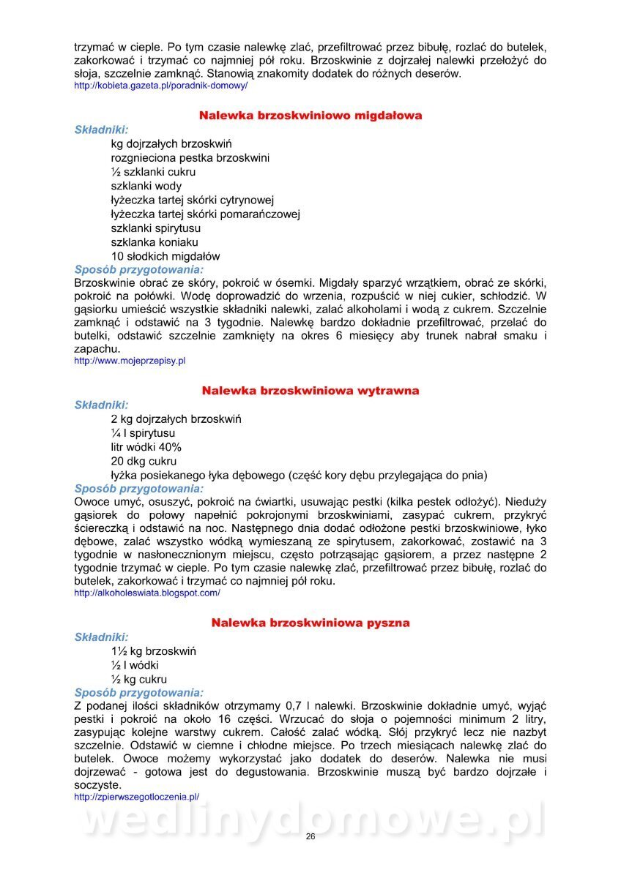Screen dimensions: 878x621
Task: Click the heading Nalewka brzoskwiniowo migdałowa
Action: click(310, 116)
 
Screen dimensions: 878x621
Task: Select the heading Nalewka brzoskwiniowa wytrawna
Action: click(310, 391)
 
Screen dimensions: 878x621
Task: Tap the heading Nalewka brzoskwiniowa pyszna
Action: click(310, 623)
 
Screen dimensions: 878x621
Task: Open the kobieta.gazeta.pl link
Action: click(161, 86)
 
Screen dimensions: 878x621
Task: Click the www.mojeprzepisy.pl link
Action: click(130, 361)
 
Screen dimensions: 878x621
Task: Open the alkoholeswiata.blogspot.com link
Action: click(147, 593)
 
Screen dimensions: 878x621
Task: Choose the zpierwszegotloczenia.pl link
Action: click(137, 797)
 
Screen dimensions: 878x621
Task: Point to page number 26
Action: click(310, 836)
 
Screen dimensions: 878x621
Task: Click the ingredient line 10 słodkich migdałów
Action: click(166, 257)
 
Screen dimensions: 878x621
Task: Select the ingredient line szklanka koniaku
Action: click(155, 242)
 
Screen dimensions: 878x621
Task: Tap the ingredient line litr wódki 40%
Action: click(146, 447)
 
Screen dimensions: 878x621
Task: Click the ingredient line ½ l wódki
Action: click(135, 665)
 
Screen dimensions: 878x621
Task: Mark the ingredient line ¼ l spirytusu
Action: click(143, 433)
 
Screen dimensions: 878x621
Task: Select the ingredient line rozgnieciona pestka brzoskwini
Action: click(190, 158)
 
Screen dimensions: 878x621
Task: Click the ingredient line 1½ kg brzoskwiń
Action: click(154, 651)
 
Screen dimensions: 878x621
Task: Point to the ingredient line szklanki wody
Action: click(146, 187)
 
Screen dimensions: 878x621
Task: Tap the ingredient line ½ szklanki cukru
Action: click(153, 173)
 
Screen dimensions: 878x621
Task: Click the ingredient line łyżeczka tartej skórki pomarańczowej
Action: click(206, 214)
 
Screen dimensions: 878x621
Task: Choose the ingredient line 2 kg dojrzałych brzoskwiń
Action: click(176, 419)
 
